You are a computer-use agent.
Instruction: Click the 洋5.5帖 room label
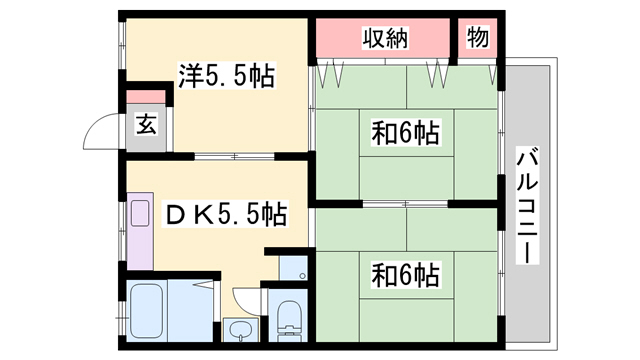pyautogui.click(x=227, y=74)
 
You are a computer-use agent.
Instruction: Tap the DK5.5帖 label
pyautogui.click(x=226, y=214)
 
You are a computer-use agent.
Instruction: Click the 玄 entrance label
pyautogui.click(x=147, y=125)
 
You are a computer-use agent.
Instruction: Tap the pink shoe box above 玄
pyautogui.click(x=147, y=100)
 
